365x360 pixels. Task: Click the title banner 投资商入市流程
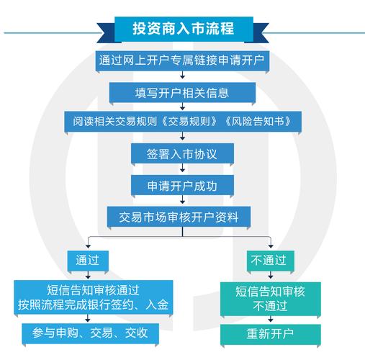[x=184, y=29]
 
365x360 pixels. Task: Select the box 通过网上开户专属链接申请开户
[x=182, y=60]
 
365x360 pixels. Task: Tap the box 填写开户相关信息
[x=182, y=93]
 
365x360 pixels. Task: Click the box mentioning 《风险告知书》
[x=183, y=122]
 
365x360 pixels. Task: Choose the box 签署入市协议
[x=182, y=153]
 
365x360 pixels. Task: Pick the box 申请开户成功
[x=182, y=186]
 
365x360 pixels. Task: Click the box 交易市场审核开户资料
[x=179, y=217]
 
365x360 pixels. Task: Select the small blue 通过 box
[x=88, y=261]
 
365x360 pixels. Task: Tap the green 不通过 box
[x=271, y=261]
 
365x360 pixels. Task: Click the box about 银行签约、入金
[x=94, y=297]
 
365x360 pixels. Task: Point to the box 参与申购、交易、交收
[x=91, y=333]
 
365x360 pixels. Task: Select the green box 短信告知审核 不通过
[x=271, y=299]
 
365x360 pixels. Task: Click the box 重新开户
[x=271, y=334]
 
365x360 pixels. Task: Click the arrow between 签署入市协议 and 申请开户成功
[x=183, y=168]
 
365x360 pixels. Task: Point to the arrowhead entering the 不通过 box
[x=271, y=246]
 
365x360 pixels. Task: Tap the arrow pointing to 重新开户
[x=271, y=319]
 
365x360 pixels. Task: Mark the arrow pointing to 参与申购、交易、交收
[x=88, y=318]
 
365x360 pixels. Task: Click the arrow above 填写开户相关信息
[x=183, y=75]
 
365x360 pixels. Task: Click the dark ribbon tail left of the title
[x=106, y=33]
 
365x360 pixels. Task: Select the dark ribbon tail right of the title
[x=261, y=33]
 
